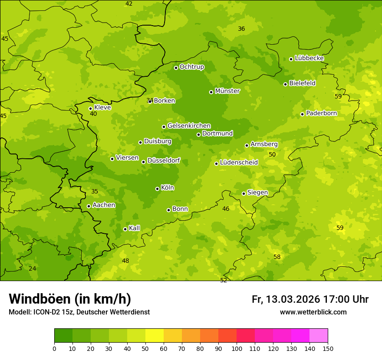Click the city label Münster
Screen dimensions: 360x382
pos(227,91)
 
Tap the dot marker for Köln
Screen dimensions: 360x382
pos(157,189)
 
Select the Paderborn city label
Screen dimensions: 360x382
pos(321,113)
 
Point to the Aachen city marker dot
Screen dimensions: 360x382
pos(89,206)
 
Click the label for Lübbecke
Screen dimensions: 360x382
pos(309,58)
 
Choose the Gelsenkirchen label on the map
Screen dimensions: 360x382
pos(189,126)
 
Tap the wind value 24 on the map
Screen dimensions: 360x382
pos(33,268)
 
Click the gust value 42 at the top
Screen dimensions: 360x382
pos(129,3)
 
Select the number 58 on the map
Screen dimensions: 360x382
pos(277,257)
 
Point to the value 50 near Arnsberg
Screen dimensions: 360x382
pos(272,154)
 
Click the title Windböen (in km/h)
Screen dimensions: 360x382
pos(70,299)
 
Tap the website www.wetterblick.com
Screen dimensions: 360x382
pos(313,312)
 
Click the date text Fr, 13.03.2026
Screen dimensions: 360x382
pos(286,299)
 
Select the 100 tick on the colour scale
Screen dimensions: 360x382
pos(237,348)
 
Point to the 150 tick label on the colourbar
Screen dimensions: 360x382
pos(328,348)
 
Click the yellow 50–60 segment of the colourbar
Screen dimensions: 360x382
pos(155,335)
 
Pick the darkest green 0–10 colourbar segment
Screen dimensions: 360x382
pos(63,335)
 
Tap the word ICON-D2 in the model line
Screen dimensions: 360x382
pos(43,312)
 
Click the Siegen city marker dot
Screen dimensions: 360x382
pos(244,193)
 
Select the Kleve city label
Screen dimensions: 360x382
pos(102,108)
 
